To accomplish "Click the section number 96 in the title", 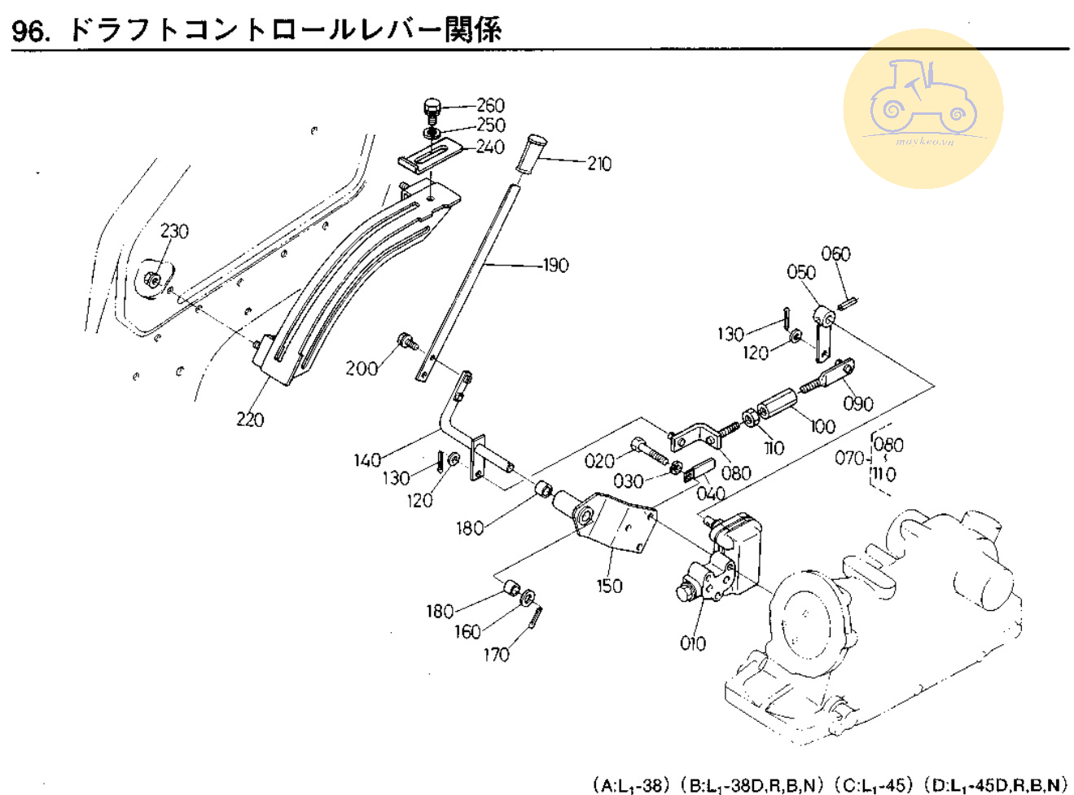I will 29,31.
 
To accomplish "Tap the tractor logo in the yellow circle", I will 922,101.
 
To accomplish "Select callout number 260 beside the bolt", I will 490,105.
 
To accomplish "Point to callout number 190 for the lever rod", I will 555,265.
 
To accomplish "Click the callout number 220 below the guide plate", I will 250,419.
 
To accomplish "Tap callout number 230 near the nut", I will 174,231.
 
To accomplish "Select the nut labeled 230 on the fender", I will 151,280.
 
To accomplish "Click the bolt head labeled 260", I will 432,106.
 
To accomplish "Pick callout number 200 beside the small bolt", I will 362,368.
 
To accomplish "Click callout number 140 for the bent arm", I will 367,460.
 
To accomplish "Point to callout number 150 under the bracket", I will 609,585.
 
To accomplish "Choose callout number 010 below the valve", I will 693,643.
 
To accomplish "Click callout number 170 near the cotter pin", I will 496,654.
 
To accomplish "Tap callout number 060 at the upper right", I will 835,253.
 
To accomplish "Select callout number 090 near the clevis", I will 858,403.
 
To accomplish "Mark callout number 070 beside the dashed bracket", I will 849,458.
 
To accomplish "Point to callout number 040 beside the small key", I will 711,494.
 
